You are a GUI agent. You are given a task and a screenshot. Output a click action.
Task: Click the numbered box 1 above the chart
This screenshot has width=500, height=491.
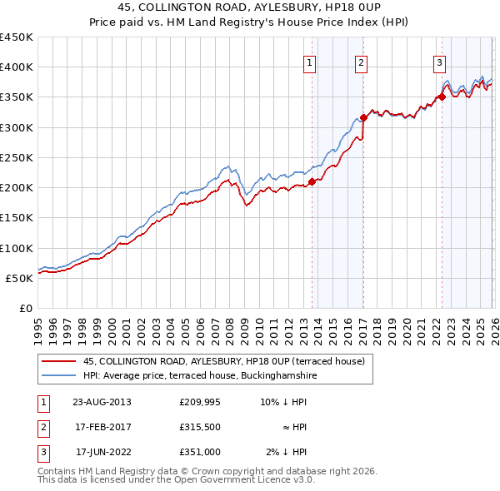pos(309,62)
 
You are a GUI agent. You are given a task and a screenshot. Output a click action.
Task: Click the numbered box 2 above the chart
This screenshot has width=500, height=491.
pos(361,62)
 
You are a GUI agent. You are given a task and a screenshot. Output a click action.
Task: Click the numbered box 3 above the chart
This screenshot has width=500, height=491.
pos(439,62)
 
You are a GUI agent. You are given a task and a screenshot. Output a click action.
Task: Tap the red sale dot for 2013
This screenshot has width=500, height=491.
pos(312,181)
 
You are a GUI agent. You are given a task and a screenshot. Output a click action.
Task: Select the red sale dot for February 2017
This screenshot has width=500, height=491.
pos(363,117)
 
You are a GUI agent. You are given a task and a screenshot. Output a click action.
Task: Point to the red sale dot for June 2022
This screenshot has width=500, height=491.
pos(442,97)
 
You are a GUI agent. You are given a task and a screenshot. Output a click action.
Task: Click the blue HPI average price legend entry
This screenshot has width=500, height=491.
pos(199,376)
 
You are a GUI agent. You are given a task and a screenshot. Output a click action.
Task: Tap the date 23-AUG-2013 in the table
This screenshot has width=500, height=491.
pos(102,402)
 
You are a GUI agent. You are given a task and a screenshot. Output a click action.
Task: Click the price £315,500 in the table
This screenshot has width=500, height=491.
pos(200,427)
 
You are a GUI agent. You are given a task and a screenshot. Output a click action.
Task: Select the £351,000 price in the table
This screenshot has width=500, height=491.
pos(200,452)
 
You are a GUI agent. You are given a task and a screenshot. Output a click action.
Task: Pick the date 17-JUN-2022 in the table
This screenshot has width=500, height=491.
pos(103,452)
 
